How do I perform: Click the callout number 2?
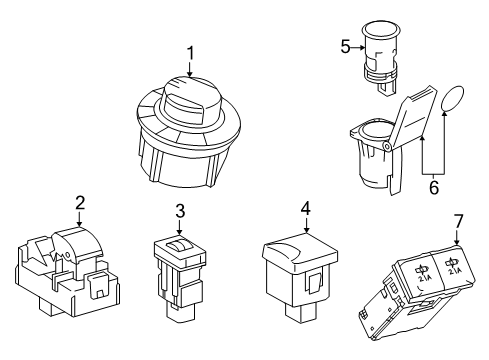(x=79, y=204)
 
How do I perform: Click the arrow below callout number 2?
(x=79, y=220)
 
